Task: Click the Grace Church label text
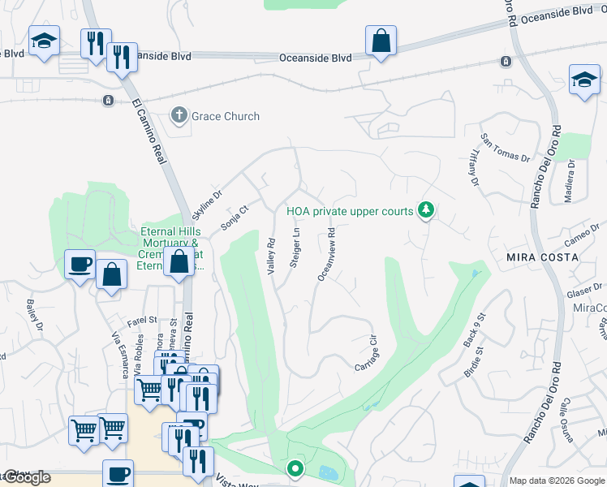(226, 116)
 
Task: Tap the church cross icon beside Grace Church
(179, 116)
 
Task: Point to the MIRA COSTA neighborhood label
(542, 256)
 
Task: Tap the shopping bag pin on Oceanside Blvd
(381, 41)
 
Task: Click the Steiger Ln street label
(296, 248)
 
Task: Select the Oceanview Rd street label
(325, 254)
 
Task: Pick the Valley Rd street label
(273, 255)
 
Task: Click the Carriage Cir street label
(368, 354)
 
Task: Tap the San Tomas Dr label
(505, 149)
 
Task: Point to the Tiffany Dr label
(472, 167)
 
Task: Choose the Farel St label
(141, 321)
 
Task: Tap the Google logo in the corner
(27, 478)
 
